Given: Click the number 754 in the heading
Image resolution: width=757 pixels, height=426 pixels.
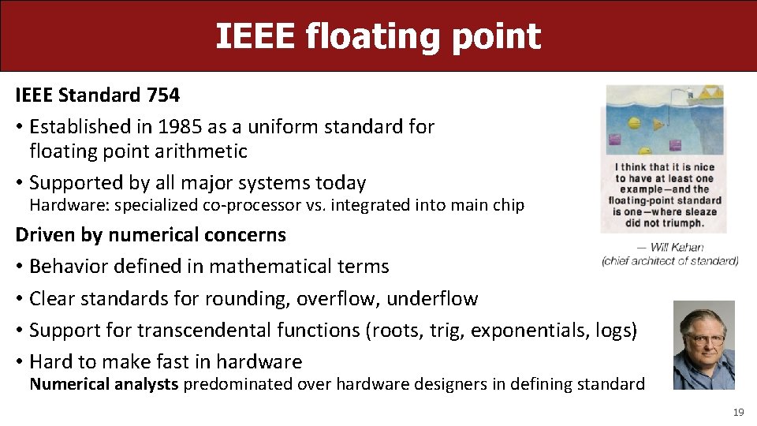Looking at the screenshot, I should [x=163, y=96].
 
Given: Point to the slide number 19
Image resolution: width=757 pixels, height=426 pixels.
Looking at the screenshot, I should [x=738, y=412].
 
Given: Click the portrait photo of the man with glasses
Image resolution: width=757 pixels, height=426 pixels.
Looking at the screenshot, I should [x=703, y=345].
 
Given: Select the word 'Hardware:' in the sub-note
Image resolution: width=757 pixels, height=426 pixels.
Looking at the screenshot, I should [x=67, y=206].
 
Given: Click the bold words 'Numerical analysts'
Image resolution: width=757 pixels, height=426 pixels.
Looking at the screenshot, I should [x=104, y=385].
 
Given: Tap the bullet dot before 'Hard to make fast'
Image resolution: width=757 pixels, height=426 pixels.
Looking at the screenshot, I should [x=19, y=362].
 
